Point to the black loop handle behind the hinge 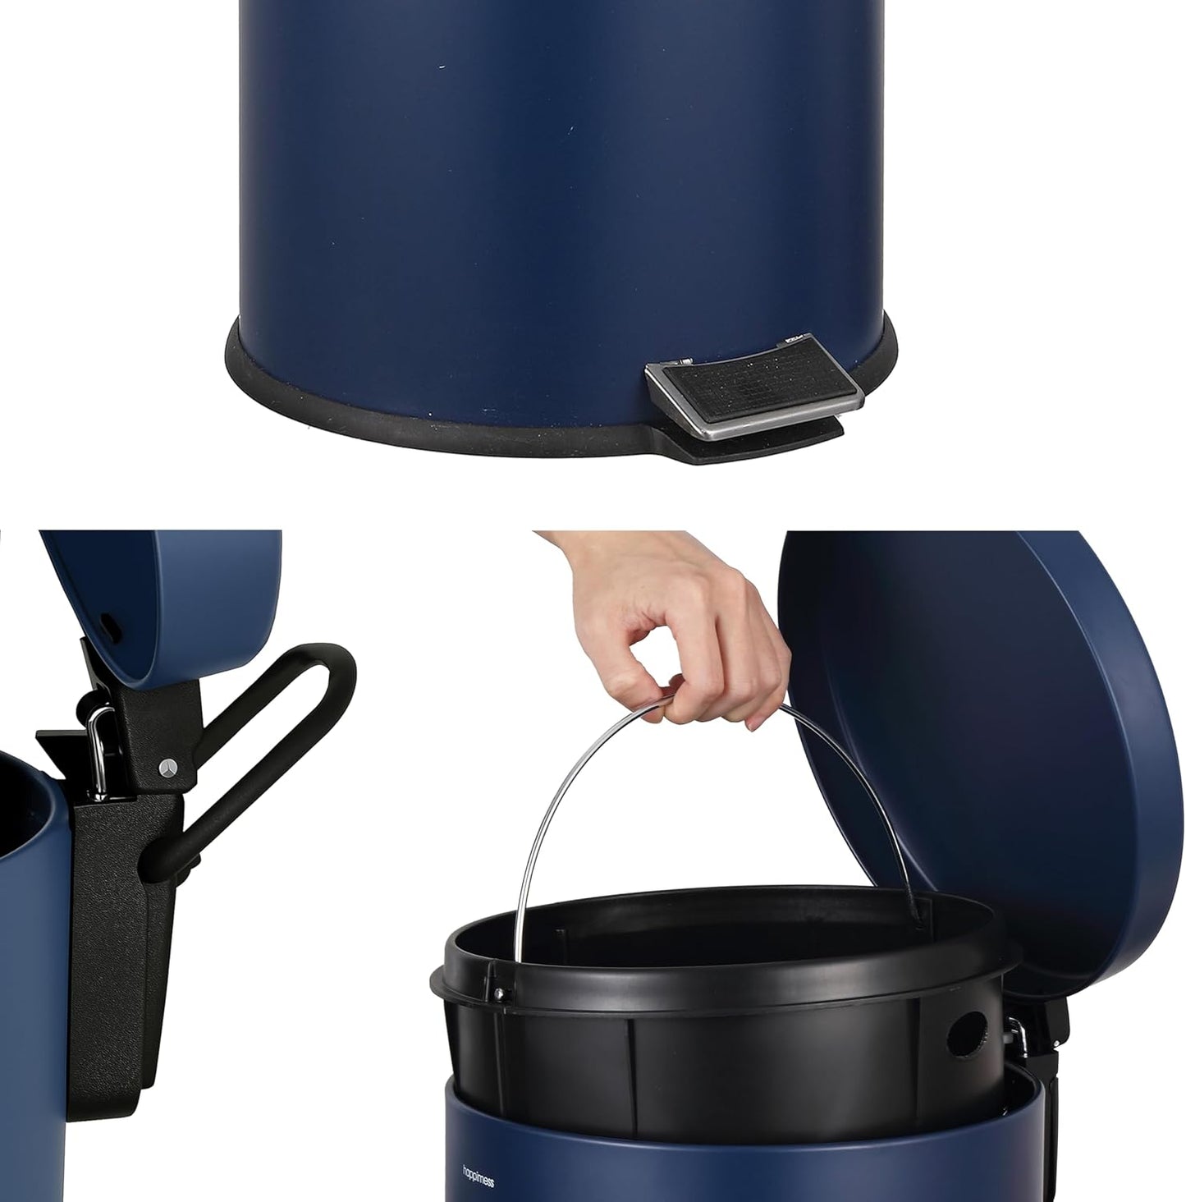271,723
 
